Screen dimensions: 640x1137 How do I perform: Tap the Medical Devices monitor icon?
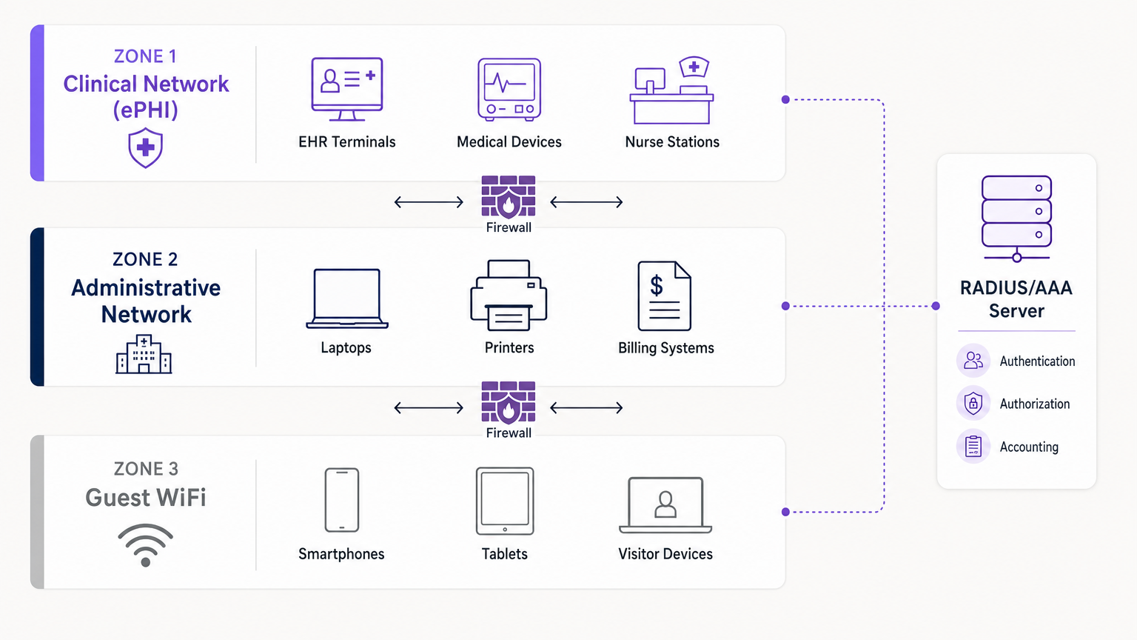[509, 89]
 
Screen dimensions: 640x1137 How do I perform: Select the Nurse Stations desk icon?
[671, 92]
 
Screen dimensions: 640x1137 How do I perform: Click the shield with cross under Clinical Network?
[145, 147]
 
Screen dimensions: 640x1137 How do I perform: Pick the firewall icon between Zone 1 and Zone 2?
[509, 196]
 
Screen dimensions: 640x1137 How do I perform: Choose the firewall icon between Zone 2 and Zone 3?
[509, 402]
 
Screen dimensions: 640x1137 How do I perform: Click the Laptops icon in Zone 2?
[347, 299]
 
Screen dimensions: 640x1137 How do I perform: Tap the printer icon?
[509, 296]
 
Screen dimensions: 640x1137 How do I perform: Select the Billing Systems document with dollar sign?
[664, 296]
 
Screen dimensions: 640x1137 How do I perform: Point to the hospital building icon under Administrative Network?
[144, 354]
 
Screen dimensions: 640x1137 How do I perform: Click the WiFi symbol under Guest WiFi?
[145, 545]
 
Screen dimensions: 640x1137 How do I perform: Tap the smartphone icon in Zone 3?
[342, 500]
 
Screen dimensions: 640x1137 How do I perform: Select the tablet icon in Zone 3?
[505, 501]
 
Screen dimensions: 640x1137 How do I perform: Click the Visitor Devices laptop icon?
[665, 505]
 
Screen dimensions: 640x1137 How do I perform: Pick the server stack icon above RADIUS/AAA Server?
[1016, 218]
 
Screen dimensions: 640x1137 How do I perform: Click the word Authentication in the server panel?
[1037, 361]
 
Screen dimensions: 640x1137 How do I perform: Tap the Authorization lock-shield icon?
[973, 404]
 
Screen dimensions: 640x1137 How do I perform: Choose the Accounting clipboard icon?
[973, 447]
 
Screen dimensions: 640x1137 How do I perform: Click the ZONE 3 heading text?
[146, 469]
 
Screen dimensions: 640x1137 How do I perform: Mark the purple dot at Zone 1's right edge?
[785, 99]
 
